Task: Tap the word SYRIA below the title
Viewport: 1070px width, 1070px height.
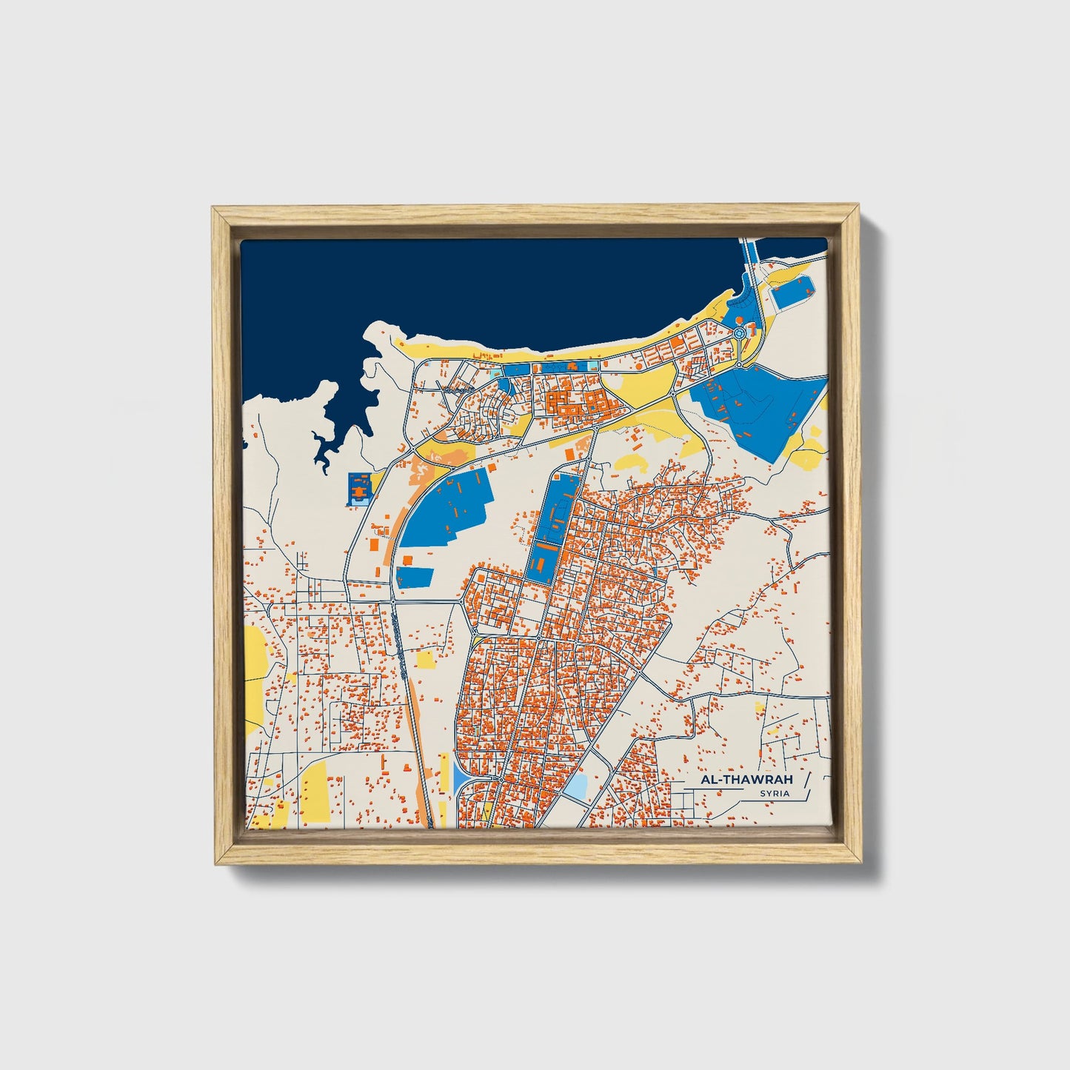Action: click(774, 794)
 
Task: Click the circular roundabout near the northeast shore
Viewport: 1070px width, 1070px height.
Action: click(739, 335)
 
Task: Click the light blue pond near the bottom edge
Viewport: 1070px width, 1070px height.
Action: click(576, 786)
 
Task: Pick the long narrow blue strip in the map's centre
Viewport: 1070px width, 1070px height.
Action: click(552, 526)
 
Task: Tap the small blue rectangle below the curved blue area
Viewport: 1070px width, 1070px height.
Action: click(414, 577)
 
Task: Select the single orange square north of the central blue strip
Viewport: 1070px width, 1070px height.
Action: click(569, 452)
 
